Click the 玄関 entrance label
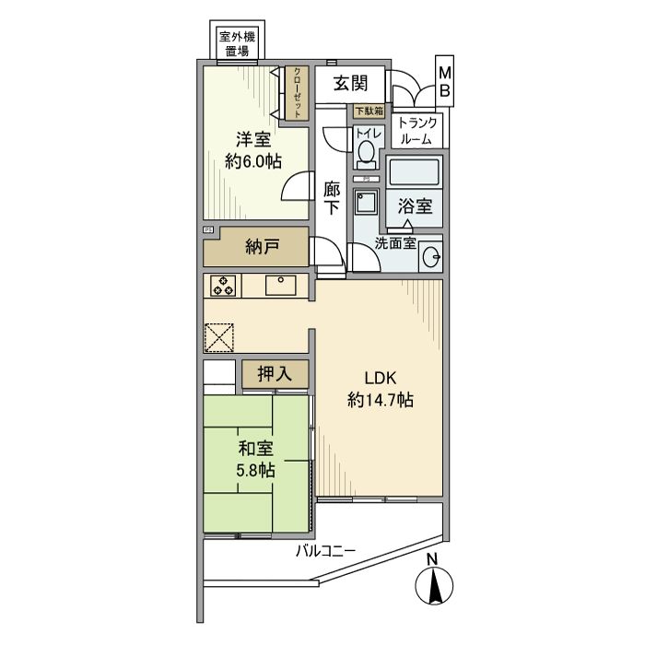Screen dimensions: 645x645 pyautogui.click(x=352, y=84)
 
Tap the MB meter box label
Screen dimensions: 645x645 pyautogui.click(x=444, y=81)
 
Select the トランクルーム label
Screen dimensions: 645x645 pyautogui.click(x=419, y=130)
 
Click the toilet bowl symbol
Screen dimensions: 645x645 pyautogui.click(x=367, y=151)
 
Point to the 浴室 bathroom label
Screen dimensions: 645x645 pyautogui.click(x=415, y=205)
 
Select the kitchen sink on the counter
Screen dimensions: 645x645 pyautogui.click(x=280, y=286)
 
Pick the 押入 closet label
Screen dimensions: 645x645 pyautogui.click(x=274, y=374)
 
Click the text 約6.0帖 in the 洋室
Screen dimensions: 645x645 pyautogui.click(x=253, y=161)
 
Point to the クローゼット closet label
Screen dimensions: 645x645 pyautogui.click(x=298, y=93)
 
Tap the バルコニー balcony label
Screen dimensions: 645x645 pyautogui.click(x=325, y=552)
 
